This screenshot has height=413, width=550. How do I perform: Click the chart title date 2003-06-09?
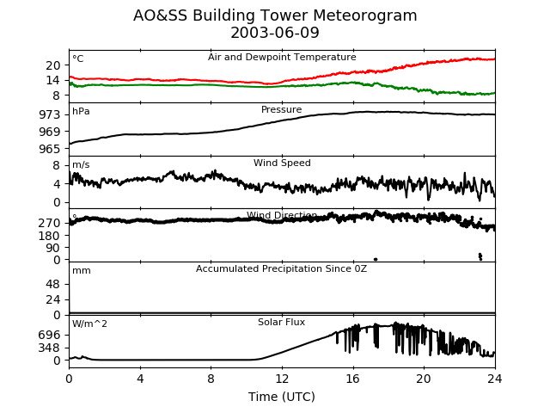point(275,34)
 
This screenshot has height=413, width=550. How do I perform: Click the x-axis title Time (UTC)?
point(282,397)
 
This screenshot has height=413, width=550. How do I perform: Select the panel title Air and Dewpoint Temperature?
point(282,58)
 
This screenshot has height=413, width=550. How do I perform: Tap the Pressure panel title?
point(282,110)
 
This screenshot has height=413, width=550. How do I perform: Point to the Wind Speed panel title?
point(282,163)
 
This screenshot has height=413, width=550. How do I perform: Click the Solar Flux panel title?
point(282,323)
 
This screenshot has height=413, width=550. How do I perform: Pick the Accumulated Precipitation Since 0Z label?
point(282,269)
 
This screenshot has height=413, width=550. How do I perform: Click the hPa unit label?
point(81,112)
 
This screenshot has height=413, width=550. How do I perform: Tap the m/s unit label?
point(81,165)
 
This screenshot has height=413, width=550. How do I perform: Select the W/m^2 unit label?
point(89,324)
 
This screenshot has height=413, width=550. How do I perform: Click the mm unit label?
point(81,271)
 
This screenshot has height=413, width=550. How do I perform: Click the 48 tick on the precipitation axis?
point(53,285)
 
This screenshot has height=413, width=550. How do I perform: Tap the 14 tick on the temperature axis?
point(53,80)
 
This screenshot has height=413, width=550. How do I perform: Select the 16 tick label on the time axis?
point(352,379)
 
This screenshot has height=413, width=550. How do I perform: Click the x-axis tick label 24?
point(495,379)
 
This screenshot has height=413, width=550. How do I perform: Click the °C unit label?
point(78,59)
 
